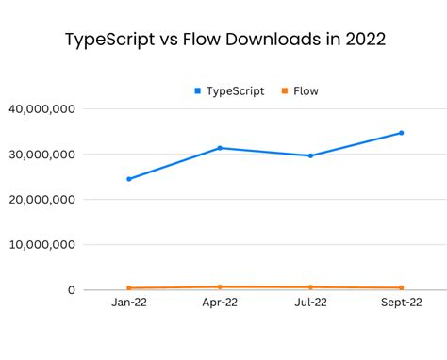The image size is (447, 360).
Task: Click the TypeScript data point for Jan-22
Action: coord(129,179)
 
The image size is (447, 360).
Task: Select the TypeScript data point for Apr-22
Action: coord(220,148)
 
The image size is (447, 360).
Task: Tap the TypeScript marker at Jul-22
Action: coord(310,155)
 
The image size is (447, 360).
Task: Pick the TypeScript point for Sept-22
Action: coord(401,133)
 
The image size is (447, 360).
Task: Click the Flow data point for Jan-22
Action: coord(129,288)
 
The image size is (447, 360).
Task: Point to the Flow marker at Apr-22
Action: coord(220,286)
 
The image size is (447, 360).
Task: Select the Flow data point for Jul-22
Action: coord(310,287)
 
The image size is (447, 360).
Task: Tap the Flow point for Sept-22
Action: coord(401,288)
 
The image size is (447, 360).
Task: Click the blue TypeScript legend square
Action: coord(197,91)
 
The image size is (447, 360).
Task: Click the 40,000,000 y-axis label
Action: coord(41,109)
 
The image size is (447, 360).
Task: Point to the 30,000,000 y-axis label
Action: coord(41,155)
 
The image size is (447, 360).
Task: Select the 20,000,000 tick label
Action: coord(41,200)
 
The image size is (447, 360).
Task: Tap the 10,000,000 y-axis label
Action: coord(41,245)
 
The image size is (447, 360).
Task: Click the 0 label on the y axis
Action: coord(71,290)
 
